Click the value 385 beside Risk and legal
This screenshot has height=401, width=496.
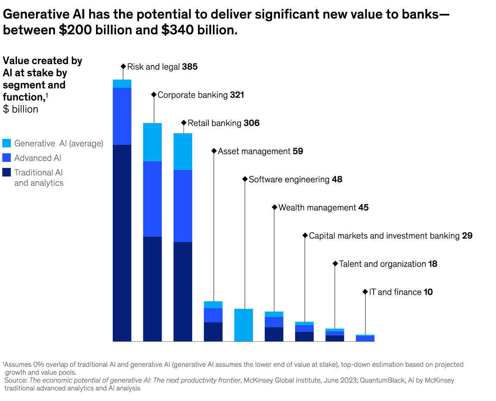coord(190,67)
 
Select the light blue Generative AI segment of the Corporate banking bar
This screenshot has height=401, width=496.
coord(153,142)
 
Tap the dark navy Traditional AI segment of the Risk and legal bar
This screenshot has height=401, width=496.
coord(122,243)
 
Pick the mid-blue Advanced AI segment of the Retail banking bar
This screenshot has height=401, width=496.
coord(183,206)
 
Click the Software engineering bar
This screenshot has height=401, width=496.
coord(243,325)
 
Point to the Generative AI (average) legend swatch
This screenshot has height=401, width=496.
coord(7,144)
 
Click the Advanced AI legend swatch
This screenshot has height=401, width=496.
coord(7,158)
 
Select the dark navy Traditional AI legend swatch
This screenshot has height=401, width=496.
coord(7,173)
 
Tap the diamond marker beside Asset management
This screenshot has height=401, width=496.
coord(214,151)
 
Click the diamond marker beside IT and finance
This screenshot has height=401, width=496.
coord(365,292)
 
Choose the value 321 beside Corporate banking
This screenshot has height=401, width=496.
coord(237,95)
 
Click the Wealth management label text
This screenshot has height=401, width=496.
coord(317,207)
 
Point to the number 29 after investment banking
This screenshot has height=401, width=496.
coord(467,235)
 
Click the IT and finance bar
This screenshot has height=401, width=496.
coord(365,339)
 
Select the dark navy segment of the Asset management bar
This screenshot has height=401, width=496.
coord(213,331)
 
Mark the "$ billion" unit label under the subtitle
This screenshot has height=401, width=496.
coord(21,109)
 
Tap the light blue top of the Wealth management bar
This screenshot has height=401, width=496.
coord(274,314)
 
